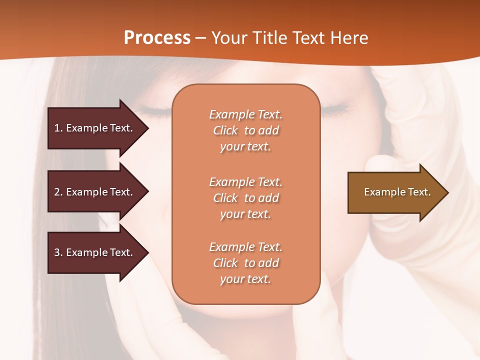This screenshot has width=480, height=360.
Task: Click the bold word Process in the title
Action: coord(157,38)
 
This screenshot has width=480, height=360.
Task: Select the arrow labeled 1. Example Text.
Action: coord(95,128)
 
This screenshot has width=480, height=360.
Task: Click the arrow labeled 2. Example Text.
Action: coord(95,192)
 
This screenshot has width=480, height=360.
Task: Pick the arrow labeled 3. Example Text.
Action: coord(95,252)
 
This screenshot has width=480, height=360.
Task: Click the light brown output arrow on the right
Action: coord(395,192)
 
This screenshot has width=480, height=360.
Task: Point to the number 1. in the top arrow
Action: coord(58,128)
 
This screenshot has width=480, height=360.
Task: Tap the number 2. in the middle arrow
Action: coord(58,192)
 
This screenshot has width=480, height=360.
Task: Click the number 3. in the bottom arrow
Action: coord(58,252)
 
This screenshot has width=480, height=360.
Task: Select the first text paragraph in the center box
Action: coord(245,130)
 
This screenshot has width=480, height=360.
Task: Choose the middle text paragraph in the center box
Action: coord(245,198)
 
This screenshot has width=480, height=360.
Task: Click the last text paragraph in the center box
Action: coord(245,263)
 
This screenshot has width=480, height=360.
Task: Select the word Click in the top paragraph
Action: coord(225,130)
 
